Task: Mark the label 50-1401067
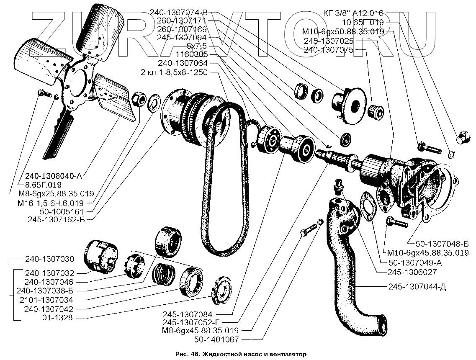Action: (x=218, y=340)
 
